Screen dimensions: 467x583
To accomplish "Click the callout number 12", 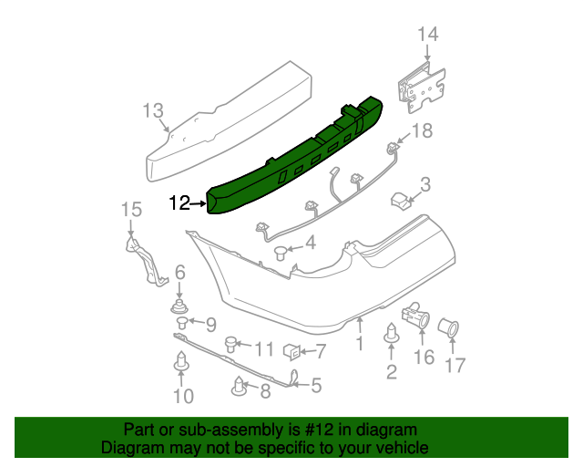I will point(179,203).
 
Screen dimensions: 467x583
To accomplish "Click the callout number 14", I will point(428,35).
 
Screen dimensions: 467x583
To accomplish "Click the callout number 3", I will point(425,184).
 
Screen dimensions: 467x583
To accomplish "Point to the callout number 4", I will point(310,244).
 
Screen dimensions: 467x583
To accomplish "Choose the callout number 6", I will point(179,272).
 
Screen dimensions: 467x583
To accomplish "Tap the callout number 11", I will point(263,348).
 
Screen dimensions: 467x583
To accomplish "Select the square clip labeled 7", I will point(292,351).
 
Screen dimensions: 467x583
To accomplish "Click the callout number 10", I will point(183,395).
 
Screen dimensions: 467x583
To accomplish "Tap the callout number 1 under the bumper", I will point(359,344).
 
